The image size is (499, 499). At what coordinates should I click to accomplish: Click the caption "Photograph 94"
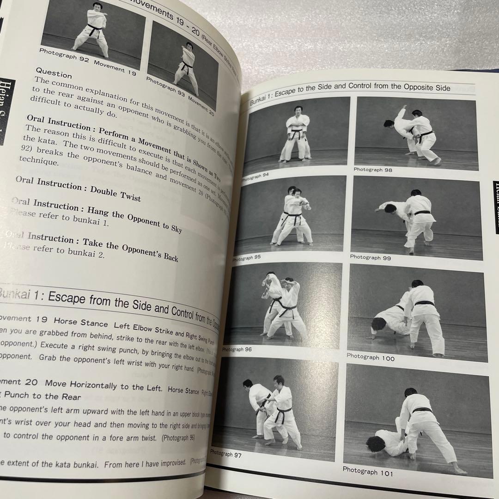click(255, 176)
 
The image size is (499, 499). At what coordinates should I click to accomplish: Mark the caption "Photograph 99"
click(370, 257)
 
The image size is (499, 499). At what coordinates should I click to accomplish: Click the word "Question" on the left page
click(54, 73)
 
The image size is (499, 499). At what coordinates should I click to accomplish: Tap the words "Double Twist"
click(116, 194)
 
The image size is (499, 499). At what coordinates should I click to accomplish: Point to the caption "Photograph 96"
click(237, 350)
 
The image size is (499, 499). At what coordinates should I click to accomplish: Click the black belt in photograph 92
click(95, 29)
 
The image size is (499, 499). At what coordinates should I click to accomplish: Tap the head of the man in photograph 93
click(189, 46)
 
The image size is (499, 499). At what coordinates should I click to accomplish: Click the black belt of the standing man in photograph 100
click(424, 303)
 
